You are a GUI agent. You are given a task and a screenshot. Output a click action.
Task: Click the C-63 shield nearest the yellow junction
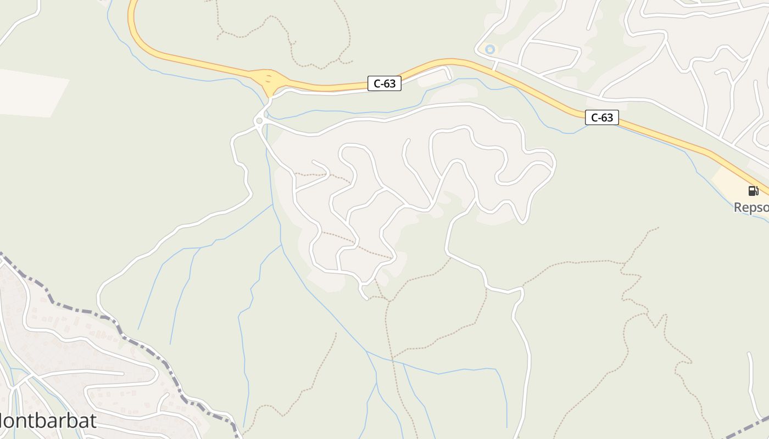(384, 83)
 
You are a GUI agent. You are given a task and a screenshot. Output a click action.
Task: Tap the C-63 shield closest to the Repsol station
(601, 117)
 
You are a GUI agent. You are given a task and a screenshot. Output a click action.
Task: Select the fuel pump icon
(753, 191)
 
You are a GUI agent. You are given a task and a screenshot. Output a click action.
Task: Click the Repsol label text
(751, 207)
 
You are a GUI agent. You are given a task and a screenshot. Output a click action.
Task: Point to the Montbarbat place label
(47, 421)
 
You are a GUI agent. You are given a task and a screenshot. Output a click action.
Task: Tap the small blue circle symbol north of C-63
(490, 49)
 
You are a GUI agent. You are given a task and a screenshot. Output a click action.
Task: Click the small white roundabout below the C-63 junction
(259, 121)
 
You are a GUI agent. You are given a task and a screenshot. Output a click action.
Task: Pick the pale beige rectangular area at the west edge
(30, 92)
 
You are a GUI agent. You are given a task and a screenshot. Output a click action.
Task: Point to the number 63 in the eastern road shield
(606, 117)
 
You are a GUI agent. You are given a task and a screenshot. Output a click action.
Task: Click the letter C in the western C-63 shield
(377, 83)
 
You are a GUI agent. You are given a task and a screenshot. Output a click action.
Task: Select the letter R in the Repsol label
(738, 207)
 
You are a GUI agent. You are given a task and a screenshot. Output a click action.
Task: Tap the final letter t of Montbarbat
(93, 421)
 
